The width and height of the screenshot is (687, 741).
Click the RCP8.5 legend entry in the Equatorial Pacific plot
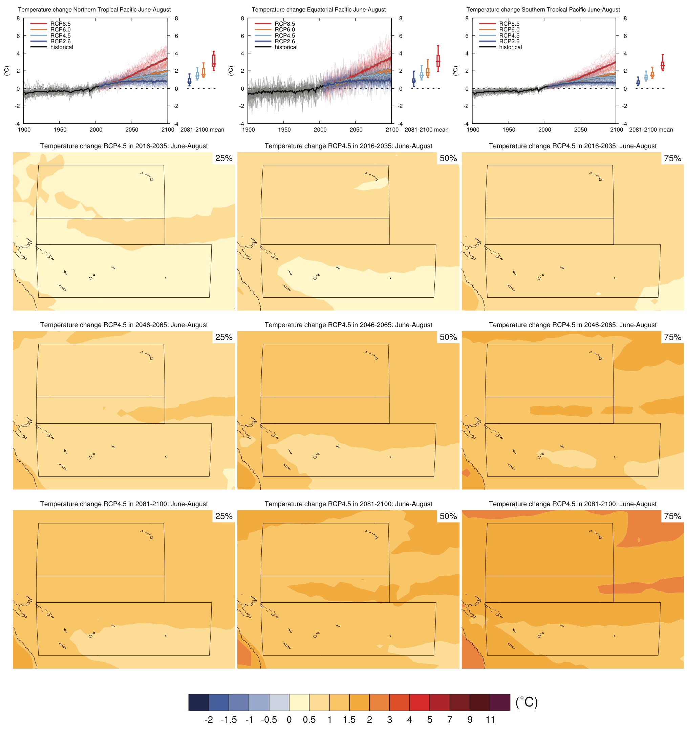click(x=284, y=24)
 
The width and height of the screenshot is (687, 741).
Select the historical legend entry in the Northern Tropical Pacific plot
click(x=62, y=47)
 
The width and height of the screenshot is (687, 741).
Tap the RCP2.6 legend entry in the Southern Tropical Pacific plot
click(x=509, y=41)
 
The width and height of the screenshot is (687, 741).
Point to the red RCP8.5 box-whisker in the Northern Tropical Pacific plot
click(x=214, y=61)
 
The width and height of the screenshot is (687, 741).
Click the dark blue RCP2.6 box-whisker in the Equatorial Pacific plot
click(x=413, y=80)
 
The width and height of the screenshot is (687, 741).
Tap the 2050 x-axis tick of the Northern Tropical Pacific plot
click(x=132, y=130)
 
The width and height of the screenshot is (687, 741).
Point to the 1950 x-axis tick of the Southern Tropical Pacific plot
click(x=509, y=130)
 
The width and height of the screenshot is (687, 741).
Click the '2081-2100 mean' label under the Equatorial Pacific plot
click(x=426, y=130)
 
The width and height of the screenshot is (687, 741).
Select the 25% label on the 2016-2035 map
click(x=224, y=158)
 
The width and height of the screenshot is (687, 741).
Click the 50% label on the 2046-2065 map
click(x=448, y=337)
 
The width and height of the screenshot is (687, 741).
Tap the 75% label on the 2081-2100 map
click(x=672, y=516)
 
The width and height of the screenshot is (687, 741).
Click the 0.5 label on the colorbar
click(x=309, y=720)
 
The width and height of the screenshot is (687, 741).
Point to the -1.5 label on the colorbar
click(x=229, y=720)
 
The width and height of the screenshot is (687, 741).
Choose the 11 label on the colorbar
click(x=490, y=720)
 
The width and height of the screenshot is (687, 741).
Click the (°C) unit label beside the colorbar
click(x=527, y=702)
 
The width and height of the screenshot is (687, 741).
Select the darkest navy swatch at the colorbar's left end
click(x=198, y=702)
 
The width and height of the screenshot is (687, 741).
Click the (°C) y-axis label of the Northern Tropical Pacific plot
click(x=7, y=71)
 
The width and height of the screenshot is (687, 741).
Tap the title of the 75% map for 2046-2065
click(x=573, y=325)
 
